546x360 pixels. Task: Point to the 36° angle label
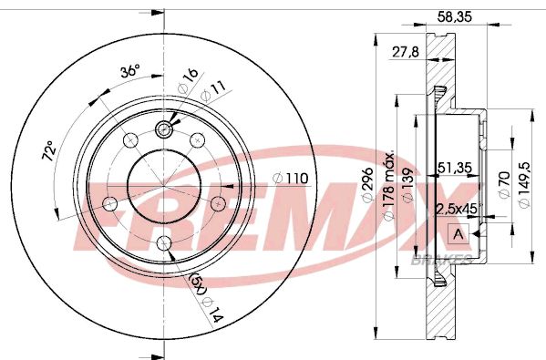pyautogui.click(x=131, y=70)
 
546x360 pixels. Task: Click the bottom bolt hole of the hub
pyautogui.click(x=164, y=242)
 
